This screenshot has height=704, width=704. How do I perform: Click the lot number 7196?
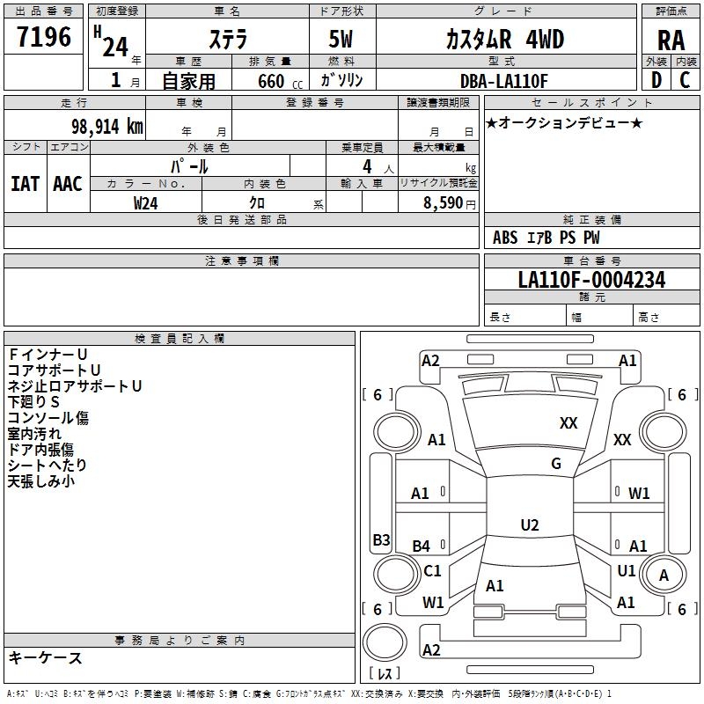coord(44,37)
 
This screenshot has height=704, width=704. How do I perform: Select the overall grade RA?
coord(671,40)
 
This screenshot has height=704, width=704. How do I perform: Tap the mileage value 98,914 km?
coord(107,127)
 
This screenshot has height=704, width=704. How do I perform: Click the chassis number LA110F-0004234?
coord(591,280)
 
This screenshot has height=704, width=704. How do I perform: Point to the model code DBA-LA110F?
coord(504,81)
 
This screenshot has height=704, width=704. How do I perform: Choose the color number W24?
coord(145,203)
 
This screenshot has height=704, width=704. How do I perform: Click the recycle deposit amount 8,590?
coord(443,202)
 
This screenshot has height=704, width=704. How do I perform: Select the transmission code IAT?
coord(25,184)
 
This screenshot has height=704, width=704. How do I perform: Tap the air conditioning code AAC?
coord(68,184)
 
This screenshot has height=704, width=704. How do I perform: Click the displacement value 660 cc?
coord(281,81)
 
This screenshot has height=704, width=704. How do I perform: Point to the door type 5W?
coord(341,39)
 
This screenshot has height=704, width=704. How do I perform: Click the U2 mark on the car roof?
coord(530,524)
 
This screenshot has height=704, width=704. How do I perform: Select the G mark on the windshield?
coord(556,463)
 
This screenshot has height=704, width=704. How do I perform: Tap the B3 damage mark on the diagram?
coord(382,539)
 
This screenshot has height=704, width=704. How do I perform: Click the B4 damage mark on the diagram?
coord(422,546)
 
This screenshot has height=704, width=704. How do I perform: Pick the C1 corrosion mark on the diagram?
coord(432,570)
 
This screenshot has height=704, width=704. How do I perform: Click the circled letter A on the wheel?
coord(664,576)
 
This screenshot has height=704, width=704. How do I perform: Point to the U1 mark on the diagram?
coord(627,570)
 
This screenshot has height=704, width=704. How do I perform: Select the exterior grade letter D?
coord(656,80)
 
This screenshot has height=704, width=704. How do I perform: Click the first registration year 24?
coord(115,47)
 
